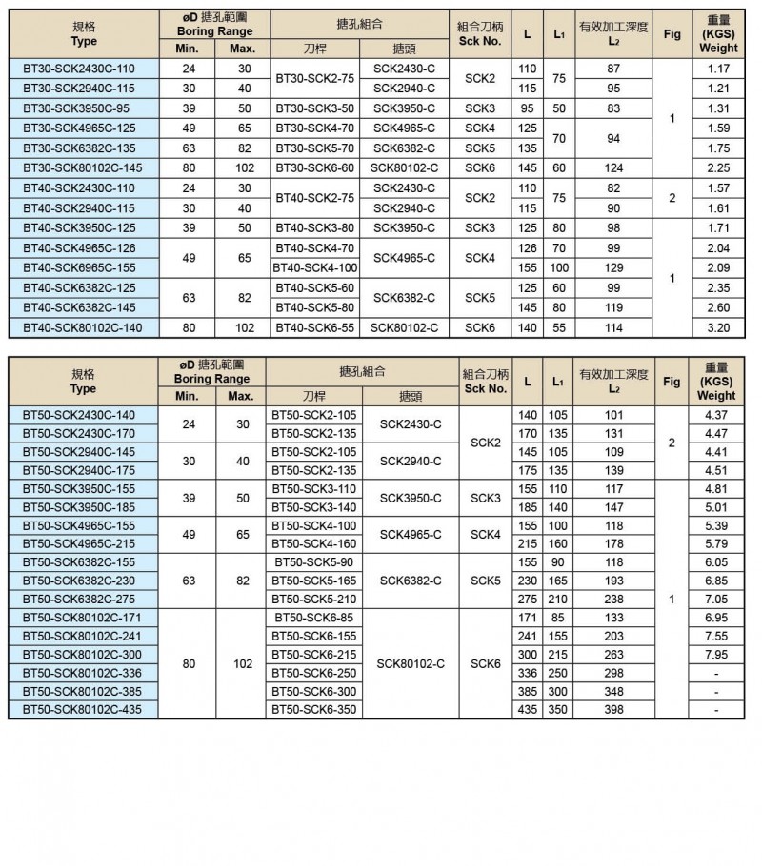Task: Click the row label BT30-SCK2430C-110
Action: coord(79,69)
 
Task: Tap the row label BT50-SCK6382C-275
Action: coord(79,600)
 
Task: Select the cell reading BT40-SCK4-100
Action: coord(315,267)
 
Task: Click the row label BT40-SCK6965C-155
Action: coord(79,267)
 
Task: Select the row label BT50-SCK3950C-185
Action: coord(79,507)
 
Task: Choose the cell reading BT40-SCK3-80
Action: coord(315,227)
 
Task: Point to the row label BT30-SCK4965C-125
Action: coord(79,128)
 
